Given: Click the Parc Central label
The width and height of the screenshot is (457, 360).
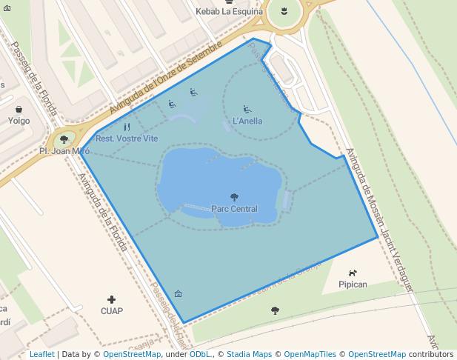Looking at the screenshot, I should coord(234,209).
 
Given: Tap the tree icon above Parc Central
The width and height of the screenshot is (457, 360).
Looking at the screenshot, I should coord(235,197).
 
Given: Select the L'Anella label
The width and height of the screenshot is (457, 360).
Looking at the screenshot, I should coord(247,121).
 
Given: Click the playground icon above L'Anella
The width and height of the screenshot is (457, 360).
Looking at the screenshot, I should coord(247,110).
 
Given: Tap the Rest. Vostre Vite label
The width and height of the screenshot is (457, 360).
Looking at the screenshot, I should coord(127,139).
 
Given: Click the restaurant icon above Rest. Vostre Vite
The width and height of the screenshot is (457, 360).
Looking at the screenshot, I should coord(127,127).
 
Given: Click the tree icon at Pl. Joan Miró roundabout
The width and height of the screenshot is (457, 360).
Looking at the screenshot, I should coord(64,139).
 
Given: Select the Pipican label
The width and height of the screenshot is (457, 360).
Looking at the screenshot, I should coord(353,284).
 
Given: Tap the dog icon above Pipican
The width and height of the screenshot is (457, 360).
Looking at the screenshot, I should coord(353,273).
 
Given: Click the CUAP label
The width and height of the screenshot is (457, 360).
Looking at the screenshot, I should coord(112,311).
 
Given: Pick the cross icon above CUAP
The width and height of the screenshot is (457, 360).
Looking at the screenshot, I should coord(112,299).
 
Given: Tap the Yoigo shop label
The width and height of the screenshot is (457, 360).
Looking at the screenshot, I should coord(19,120).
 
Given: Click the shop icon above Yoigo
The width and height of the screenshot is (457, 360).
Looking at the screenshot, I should coord(19,108).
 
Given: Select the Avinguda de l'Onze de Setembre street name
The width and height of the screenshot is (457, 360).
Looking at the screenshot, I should coord(166,78).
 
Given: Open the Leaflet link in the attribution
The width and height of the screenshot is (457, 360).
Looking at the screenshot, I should coord(41,354).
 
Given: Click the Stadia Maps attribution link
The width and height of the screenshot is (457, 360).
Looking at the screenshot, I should coord(249,354).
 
